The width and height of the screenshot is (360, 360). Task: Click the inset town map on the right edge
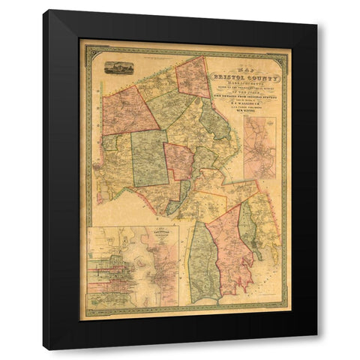[x=259, y=145]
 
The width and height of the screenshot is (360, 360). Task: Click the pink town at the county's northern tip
[x=193, y=76]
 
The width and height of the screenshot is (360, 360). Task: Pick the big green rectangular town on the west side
[x=149, y=157]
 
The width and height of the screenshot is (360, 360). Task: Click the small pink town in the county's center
[x=179, y=160]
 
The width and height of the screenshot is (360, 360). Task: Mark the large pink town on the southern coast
[x=230, y=247]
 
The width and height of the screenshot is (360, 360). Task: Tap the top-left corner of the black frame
[x=44, y=10]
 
